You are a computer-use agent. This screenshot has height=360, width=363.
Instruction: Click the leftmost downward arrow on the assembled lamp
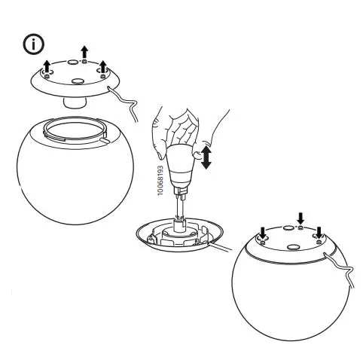[263, 231]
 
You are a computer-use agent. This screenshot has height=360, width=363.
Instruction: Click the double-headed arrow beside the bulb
[207, 157]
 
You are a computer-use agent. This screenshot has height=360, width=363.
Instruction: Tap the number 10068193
[160, 182]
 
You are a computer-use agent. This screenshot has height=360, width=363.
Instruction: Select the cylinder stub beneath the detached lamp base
[75, 101]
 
